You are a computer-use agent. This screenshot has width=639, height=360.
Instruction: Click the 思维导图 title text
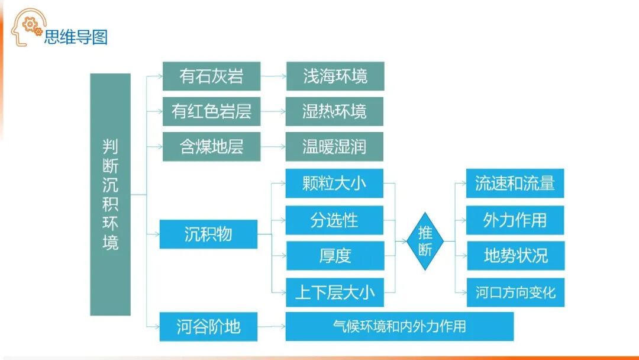[x=76, y=37]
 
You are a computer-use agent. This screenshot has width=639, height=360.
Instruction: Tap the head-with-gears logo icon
[x=28, y=27]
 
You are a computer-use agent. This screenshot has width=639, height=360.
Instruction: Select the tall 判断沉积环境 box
[x=110, y=194]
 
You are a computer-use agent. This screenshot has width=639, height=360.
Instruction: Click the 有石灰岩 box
[x=211, y=76]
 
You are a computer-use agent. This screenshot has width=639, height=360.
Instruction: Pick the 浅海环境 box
[x=335, y=76]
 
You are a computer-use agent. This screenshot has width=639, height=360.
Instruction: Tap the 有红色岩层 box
[x=211, y=111]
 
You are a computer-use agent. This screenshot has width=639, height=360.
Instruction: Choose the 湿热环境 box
[x=334, y=111]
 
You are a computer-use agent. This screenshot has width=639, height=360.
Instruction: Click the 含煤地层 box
[x=211, y=146]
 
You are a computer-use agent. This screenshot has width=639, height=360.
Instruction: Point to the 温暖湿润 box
[x=334, y=146]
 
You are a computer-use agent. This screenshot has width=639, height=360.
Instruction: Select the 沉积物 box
[x=208, y=234]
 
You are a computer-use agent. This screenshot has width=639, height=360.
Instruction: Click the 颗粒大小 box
[x=334, y=184]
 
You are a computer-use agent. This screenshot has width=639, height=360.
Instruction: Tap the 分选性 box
[x=334, y=220]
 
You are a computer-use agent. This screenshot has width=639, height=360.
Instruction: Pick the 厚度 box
[x=334, y=256]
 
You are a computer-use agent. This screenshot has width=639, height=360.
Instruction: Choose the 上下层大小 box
[x=334, y=292]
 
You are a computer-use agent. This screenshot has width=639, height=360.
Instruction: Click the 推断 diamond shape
[x=425, y=241]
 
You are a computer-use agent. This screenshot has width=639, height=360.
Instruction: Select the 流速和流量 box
[x=515, y=184]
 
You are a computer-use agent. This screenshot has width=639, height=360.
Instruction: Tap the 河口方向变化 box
[x=515, y=292]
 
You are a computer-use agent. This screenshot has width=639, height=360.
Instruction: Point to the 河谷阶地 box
[x=208, y=326]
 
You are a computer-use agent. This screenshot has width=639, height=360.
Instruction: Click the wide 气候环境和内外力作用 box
[x=399, y=326]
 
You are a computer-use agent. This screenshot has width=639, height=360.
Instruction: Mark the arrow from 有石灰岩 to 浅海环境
[x=273, y=76]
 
